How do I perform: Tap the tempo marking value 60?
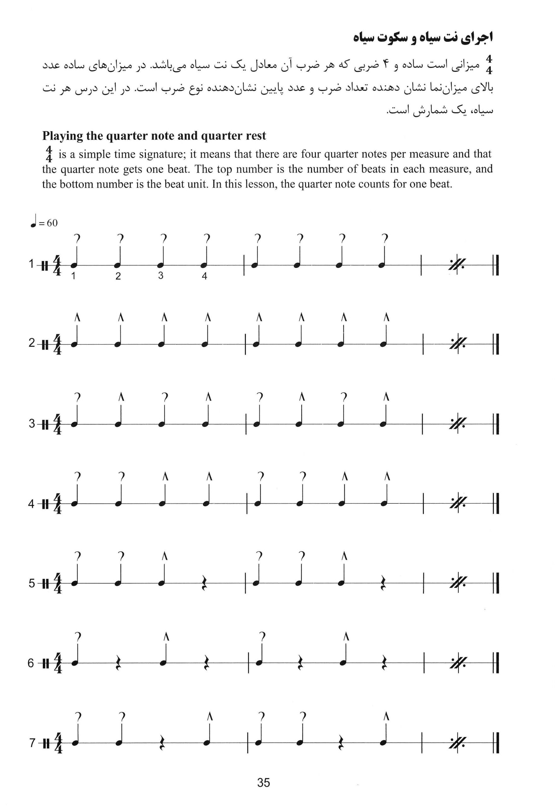click(52, 223)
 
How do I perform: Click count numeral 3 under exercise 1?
click(161, 276)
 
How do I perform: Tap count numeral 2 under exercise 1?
click(118, 276)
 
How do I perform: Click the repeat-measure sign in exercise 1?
click(456, 265)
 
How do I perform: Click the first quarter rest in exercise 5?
click(205, 584)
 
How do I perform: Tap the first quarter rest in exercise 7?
click(162, 744)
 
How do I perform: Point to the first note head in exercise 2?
click(74, 345)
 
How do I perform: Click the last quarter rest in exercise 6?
click(384, 664)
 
